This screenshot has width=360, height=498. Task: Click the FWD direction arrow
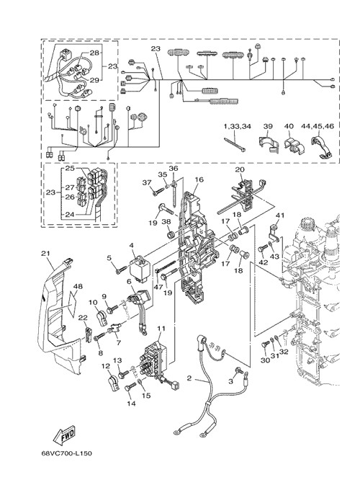click(63, 435)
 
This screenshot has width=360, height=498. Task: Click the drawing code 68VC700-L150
click(67, 453)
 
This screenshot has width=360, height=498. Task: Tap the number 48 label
click(78, 287)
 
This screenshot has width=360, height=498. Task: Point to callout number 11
click(161, 328)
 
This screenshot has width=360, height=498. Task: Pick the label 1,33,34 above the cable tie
click(238, 126)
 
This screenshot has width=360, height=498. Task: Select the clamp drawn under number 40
click(294, 145)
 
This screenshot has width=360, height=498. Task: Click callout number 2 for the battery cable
click(189, 378)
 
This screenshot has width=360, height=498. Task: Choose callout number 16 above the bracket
click(199, 179)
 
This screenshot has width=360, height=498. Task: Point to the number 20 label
click(240, 169)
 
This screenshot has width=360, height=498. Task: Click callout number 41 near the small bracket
click(279, 215)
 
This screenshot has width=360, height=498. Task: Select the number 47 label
click(158, 287)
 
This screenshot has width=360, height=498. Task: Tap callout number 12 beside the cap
click(106, 366)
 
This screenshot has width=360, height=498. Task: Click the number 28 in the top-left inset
click(94, 53)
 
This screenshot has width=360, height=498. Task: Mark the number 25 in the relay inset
click(70, 168)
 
